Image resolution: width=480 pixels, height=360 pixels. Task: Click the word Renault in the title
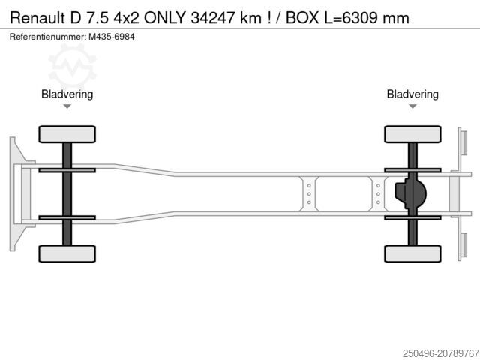click(x=37, y=18)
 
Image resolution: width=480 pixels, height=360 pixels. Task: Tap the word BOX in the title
click(x=302, y=18)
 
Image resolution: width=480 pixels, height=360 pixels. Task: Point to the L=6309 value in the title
click(x=351, y=18)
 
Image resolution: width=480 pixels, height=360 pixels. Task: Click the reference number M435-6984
click(x=112, y=37)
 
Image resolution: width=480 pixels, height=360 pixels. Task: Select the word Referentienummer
click(x=48, y=37)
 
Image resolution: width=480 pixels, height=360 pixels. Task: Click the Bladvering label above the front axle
click(x=67, y=94)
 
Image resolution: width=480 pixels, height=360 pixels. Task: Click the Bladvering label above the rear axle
click(x=412, y=94)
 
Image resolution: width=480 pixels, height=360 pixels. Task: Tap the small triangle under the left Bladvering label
click(x=67, y=106)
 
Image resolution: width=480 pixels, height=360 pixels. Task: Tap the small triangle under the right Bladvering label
click(x=412, y=106)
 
